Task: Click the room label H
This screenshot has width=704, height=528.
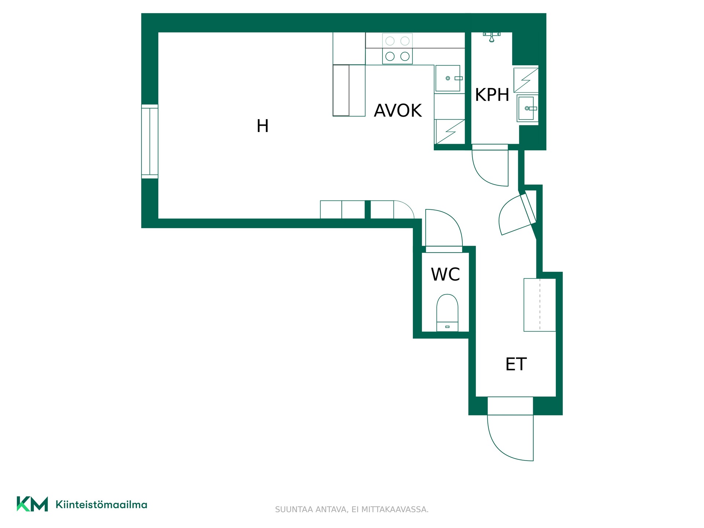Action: tap(263, 126)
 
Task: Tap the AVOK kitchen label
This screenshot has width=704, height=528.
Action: tap(398, 111)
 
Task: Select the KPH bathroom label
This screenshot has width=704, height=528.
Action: tap(492, 95)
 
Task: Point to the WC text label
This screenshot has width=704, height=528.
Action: tap(445, 274)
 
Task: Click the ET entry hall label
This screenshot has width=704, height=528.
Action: tap(516, 364)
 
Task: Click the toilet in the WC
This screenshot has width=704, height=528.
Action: tap(447, 313)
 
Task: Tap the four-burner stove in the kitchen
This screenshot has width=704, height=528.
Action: tap(397, 49)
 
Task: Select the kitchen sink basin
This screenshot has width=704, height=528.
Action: tap(448, 78)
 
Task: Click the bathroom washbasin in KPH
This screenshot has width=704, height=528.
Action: tap(528, 108)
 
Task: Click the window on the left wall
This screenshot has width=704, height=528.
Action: tap(150, 142)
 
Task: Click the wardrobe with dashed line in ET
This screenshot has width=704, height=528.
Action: tap(540, 305)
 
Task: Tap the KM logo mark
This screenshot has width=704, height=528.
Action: tap(32, 504)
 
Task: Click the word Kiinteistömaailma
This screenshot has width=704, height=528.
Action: tap(101, 505)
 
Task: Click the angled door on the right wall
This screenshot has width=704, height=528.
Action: tap(517, 214)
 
